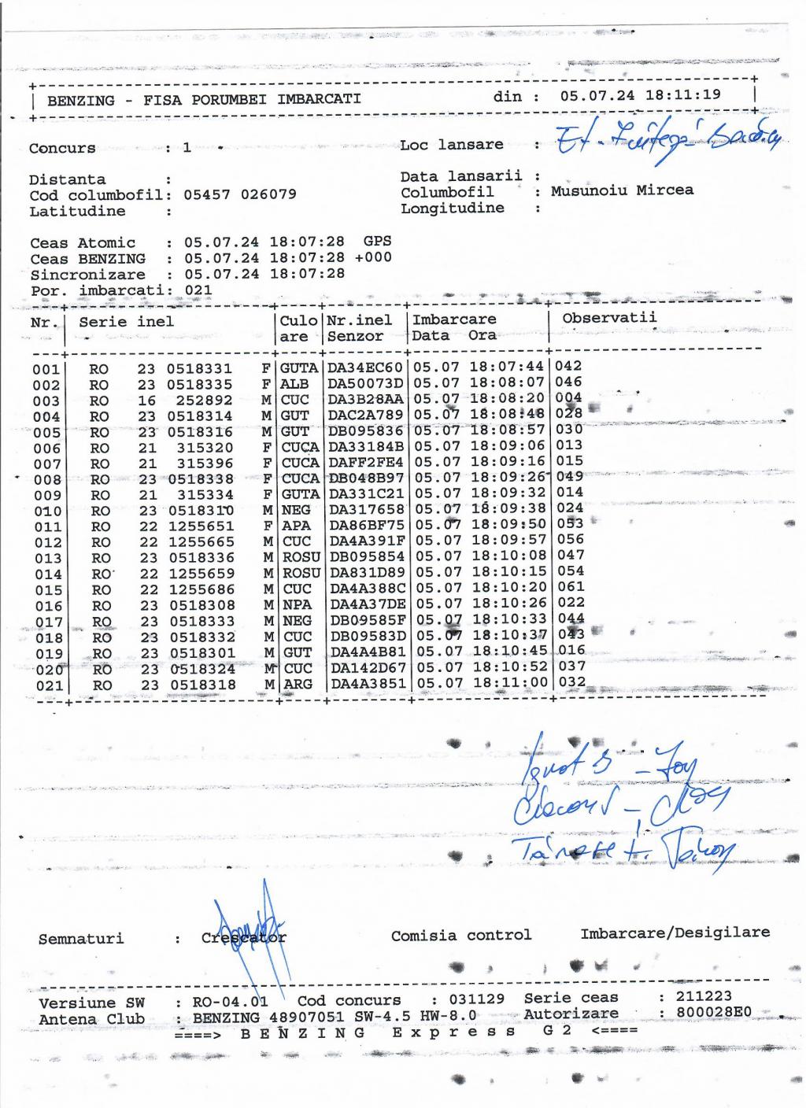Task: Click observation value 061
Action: (571, 587)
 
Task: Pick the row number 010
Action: (47, 512)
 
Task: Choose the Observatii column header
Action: (609, 318)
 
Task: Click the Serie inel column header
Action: (126, 321)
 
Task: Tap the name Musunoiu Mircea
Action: (622, 190)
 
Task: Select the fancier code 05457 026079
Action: (240, 194)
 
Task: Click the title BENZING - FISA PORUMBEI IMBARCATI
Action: (204, 100)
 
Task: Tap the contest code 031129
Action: (477, 999)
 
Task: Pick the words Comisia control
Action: (461, 935)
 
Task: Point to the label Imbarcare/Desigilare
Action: (675, 933)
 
